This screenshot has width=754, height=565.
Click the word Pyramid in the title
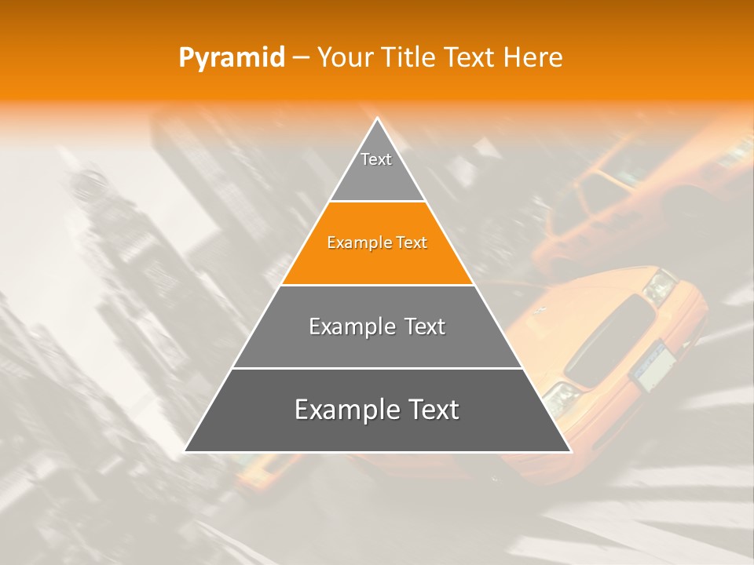point(232,58)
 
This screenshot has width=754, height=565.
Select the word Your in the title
point(342,58)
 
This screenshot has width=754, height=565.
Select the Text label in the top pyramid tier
point(376,159)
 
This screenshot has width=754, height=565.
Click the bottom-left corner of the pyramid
point(185,451)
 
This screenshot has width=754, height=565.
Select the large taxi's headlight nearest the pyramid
point(559,398)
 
